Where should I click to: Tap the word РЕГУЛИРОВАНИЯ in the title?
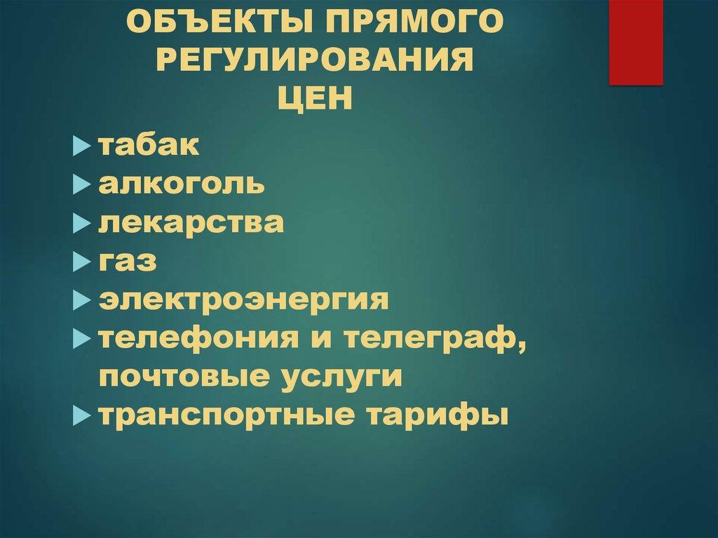tap(313, 62)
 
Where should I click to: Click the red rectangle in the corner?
tap(636, 42)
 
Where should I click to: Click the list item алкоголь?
tap(182, 185)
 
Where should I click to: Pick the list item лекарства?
tap(191, 224)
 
